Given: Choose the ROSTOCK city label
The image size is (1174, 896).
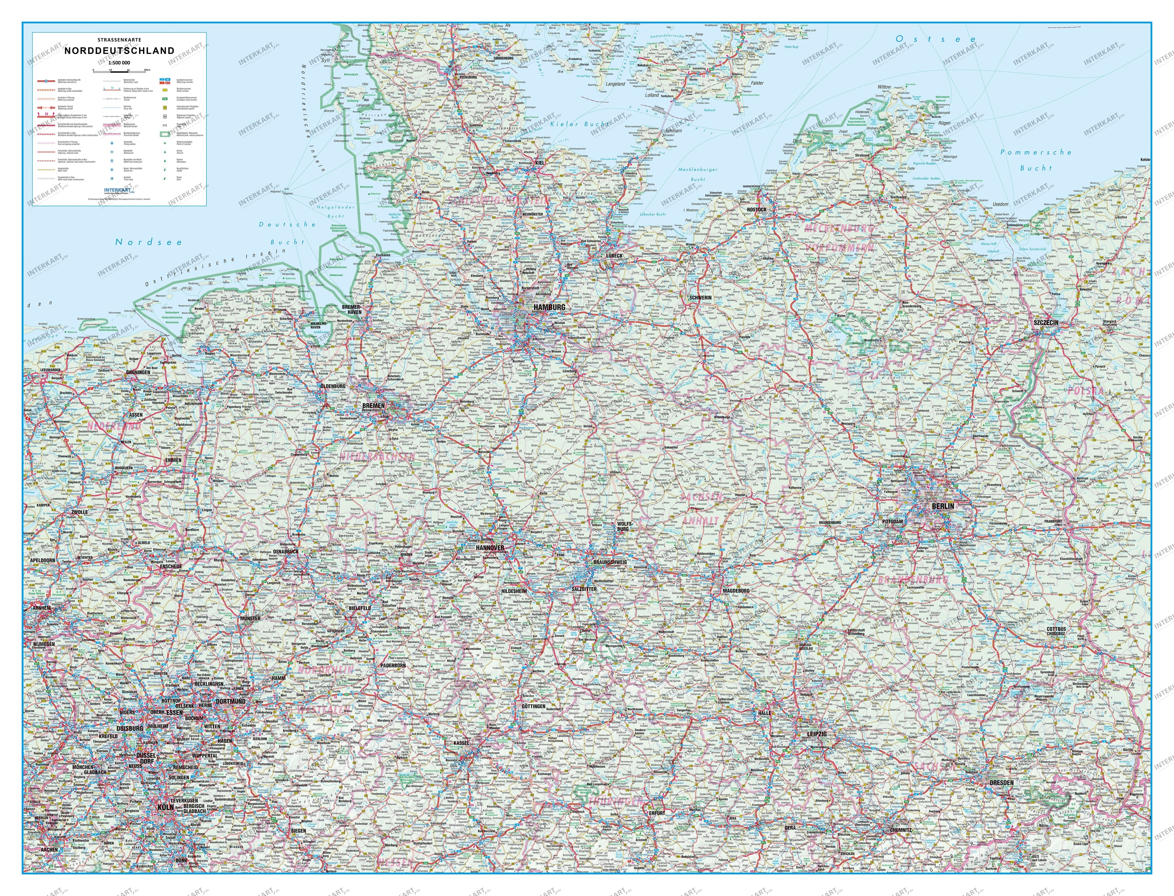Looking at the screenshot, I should [x=757, y=209].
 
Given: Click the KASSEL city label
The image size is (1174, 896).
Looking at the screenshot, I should [x=461, y=743].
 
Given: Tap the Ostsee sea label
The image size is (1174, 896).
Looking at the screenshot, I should [x=936, y=39].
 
